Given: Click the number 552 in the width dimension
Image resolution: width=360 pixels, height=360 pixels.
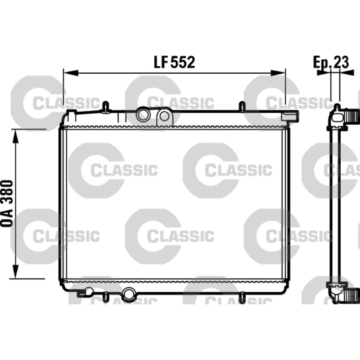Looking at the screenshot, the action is [x=183, y=62].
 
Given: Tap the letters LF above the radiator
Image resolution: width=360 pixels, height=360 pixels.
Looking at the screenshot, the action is [x=161, y=62].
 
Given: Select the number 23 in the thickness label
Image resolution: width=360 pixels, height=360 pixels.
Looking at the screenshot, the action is [x=341, y=62].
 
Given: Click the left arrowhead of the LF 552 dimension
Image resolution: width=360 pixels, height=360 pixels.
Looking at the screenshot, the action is [x=71, y=73].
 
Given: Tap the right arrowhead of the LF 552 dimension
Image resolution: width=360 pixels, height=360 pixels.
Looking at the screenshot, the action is [x=278, y=73].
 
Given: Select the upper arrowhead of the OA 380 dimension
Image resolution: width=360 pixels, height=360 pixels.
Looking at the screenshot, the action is [x=15, y=136].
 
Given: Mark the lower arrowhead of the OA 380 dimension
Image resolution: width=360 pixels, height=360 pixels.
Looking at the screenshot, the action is [x=15, y=271].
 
